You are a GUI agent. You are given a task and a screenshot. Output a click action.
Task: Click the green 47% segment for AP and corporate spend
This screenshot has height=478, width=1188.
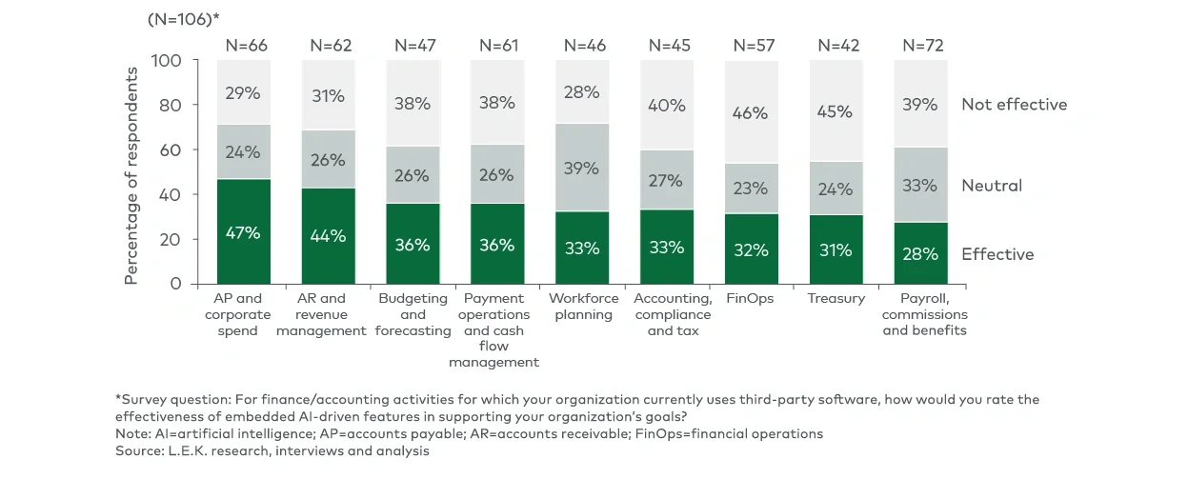click(x=243, y=231)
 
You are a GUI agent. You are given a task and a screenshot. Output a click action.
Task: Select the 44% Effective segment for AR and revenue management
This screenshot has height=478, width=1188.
click(x=328, y=236)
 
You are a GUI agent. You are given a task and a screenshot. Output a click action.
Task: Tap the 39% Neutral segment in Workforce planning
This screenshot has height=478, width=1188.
click(x=581, y=168)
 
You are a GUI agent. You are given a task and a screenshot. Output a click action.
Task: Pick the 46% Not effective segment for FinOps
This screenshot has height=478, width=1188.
click(x=751, y=112)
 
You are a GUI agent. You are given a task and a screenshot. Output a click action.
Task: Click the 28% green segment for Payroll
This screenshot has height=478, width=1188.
click(x=920, y=252)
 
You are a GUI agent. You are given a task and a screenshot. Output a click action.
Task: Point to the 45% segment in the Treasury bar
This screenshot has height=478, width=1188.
click(x=836, y=111)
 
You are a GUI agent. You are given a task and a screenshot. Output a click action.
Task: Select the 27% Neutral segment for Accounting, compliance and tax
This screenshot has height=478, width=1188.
click(x=666, y=180)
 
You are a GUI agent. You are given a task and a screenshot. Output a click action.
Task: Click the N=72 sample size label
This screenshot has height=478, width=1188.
click(x=920, y=45)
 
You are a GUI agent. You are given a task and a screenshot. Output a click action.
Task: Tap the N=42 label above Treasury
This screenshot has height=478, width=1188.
click(x=836, y=45)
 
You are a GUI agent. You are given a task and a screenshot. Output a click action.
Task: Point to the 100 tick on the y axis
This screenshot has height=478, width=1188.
click(x=169, y=61)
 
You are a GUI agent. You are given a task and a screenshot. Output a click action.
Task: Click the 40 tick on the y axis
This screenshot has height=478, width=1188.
click(x=172, y=194)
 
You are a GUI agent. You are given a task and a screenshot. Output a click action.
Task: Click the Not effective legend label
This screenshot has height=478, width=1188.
click(x=1014, y=105)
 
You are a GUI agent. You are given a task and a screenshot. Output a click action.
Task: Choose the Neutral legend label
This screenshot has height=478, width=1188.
click(x=991, y=186)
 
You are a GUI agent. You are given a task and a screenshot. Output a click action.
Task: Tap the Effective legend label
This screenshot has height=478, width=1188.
click(x=997, y=254)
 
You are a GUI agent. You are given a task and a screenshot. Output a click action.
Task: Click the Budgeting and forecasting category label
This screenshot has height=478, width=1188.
click(x=413, y=314)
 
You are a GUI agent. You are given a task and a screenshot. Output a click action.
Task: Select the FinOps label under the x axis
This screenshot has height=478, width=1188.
click(x=751, y=299)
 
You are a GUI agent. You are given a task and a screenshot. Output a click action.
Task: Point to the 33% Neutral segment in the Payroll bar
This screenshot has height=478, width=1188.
click(x=920, y=185)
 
